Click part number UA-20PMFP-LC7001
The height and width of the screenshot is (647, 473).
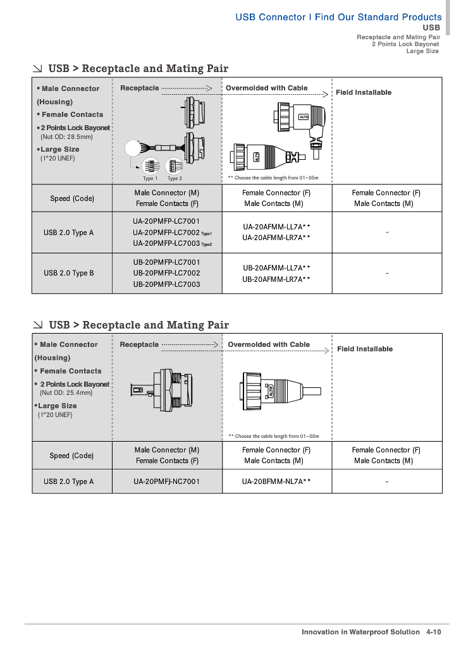click(x=166, y=222)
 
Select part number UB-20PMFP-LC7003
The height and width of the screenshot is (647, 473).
click(x=166, y=284)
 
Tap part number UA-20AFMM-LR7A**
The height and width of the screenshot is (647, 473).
click(x=276, y=238)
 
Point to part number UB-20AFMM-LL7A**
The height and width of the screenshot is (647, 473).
click(x=276, y=267)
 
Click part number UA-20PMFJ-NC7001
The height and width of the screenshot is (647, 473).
click(x=166, y=481)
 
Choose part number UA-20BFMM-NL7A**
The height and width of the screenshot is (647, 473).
click(x=276, y=481)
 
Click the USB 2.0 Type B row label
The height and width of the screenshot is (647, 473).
click(x=68, y=273)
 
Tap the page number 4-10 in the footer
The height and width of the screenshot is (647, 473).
click(x=434, y=632)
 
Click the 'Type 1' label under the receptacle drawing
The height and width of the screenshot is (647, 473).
click(x=150, y=178)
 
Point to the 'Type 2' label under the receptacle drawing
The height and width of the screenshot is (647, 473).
click(x=175, y=178)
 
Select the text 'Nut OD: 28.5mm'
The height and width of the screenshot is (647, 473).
click(x=66, y=136)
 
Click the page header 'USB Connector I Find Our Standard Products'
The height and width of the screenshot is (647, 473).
click(x=338, y=17)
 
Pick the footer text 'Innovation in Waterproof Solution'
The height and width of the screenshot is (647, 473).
click(x=360, y=632)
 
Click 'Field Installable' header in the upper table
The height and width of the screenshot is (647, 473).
click(x=364, y=92)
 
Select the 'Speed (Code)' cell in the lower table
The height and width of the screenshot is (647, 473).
click(x=71, y=456)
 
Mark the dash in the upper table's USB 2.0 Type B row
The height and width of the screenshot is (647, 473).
click(x=386, y=274)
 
